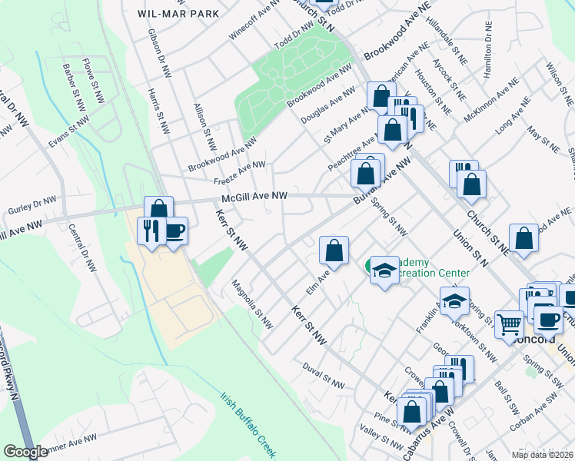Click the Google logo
pos(25,452)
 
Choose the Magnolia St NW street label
pos(253,305)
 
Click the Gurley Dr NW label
pos(32,204)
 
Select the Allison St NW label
pos(205,128)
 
